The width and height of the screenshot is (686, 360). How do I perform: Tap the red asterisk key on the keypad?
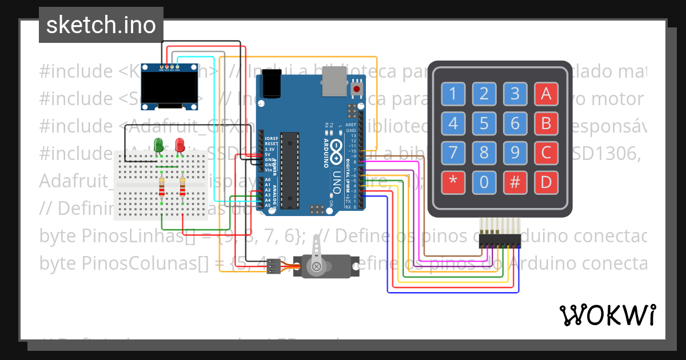[x=453, y=182]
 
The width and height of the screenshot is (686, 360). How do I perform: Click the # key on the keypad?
[x=515, y=182]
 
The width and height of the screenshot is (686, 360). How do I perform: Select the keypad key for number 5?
[x=484, y=123]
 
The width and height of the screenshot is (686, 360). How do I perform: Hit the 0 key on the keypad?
[x=484, y=182]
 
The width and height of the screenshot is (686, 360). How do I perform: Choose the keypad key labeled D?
[x=546, y=182]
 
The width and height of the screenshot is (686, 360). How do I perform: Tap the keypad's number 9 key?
[x=515, y=153]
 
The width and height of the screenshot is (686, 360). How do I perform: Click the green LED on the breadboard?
[x=158, y=145]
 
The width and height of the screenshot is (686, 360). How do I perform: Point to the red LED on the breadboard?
[x=180, y=145]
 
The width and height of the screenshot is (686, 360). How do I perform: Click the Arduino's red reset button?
[x=357, y=89]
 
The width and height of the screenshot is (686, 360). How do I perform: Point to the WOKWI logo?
[x=607, y=315]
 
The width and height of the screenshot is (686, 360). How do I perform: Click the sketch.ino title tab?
[x=101, y=25]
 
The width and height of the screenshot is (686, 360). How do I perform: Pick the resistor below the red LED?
[x=182, y=187]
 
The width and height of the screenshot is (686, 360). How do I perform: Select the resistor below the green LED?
[x=162, y=187]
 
